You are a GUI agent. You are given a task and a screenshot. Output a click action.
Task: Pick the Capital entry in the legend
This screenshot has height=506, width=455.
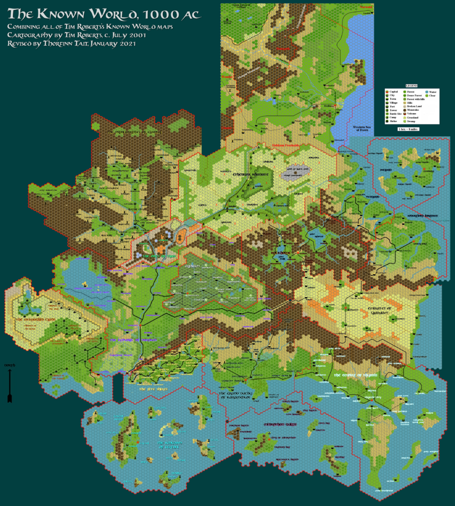pos(393,92)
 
